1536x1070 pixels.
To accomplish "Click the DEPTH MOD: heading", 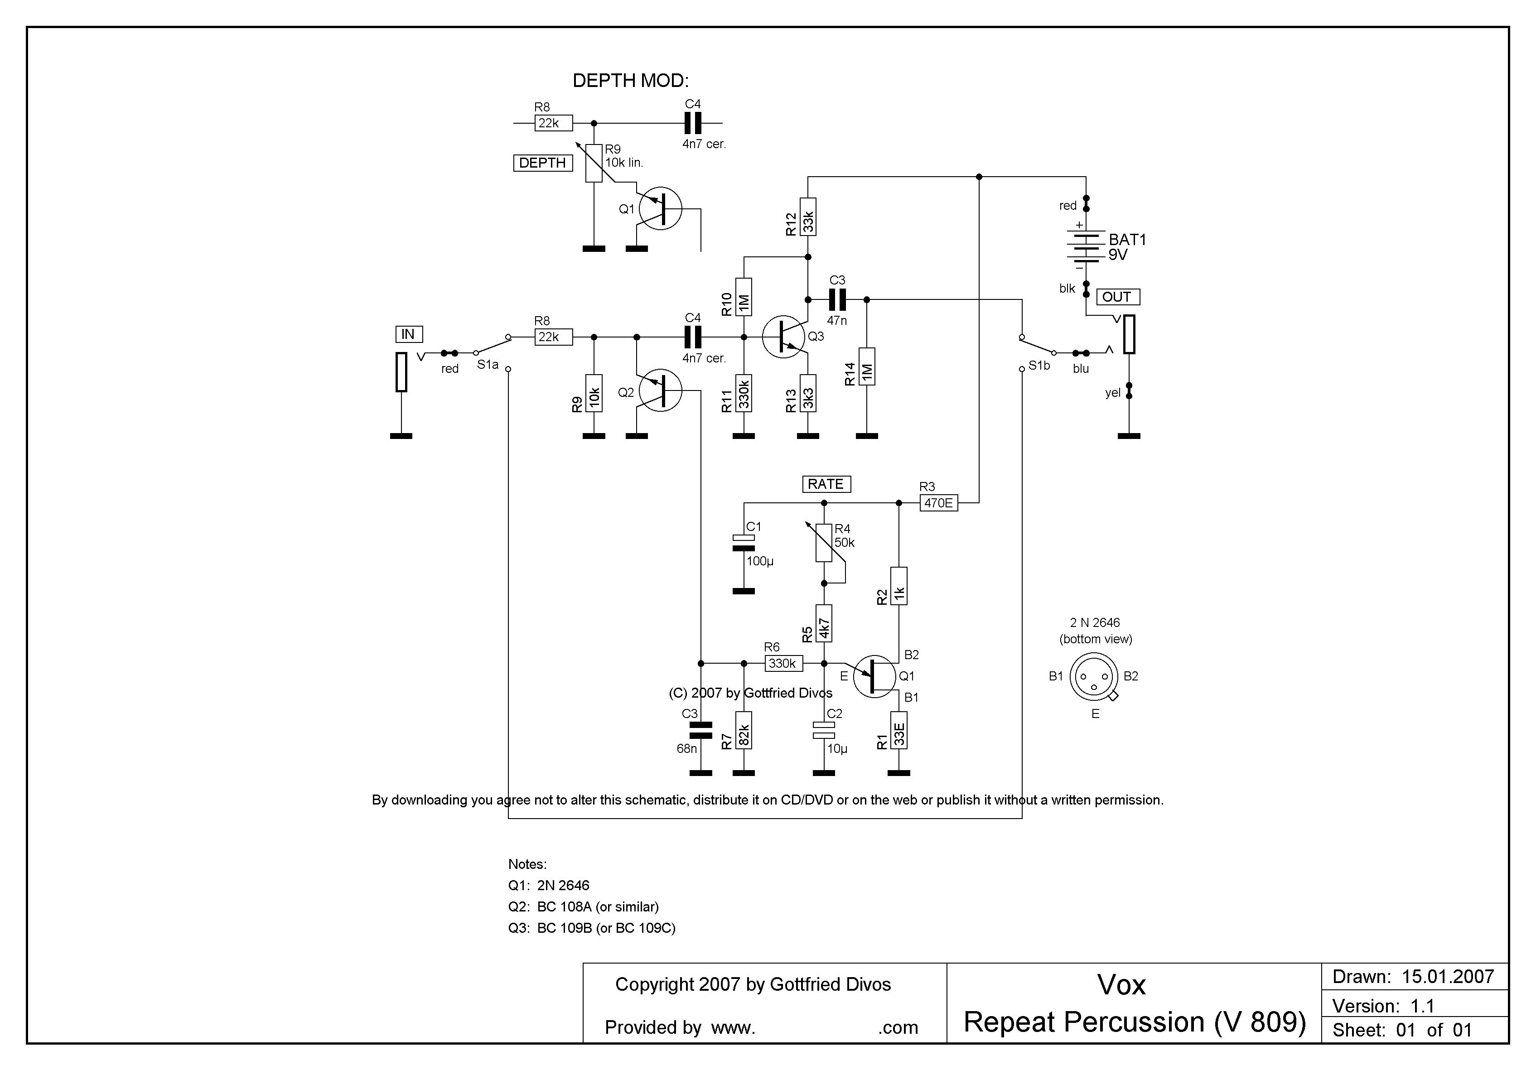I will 630,81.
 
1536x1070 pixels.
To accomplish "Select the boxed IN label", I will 408,334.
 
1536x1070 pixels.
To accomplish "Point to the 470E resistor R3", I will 939,503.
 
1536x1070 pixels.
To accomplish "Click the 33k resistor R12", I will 808,217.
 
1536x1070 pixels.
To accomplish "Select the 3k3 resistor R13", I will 808,393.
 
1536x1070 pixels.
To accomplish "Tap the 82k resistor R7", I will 743,730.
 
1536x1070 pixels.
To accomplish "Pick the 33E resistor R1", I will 899,730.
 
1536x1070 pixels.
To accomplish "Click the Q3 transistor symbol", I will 784,337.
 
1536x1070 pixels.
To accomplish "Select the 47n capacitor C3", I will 837,299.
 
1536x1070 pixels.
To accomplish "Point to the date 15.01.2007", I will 1448,977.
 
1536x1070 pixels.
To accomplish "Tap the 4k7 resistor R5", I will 824,623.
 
